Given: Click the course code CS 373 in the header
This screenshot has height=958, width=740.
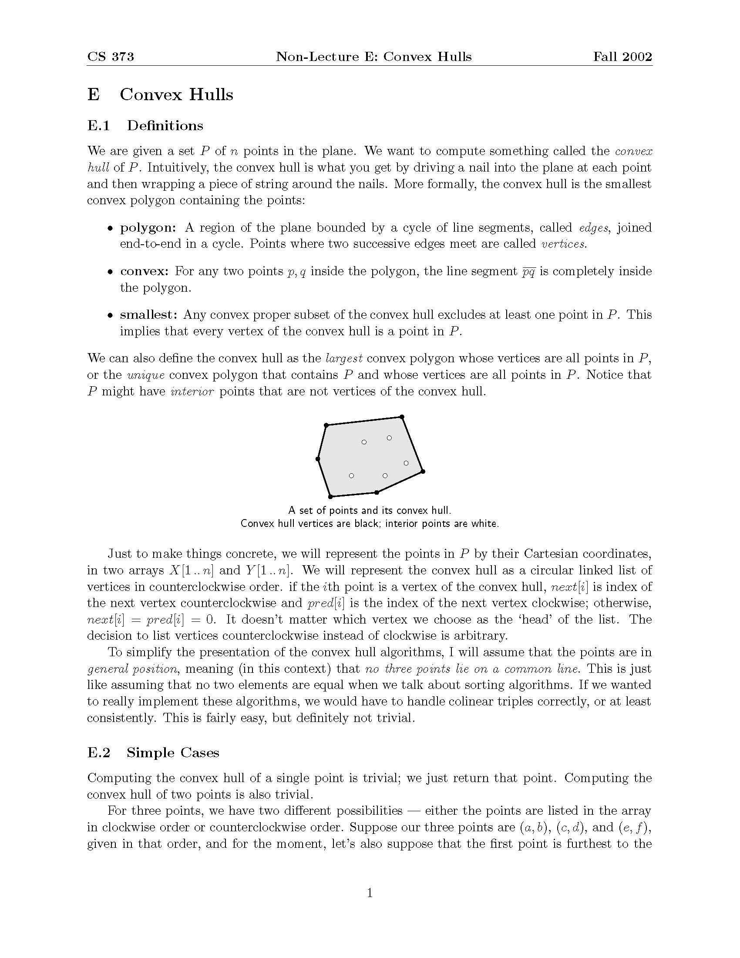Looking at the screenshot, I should click(111, 57).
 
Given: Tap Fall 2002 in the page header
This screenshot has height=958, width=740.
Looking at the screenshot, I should click(622, 57).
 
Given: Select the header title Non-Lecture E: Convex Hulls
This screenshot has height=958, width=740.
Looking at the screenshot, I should click(373, 57).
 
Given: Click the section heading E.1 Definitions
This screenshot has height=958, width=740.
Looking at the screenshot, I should click(145, 126).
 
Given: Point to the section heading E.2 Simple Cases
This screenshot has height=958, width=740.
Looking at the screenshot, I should click(153, 753).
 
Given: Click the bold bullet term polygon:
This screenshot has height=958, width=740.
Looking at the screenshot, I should click(148, 228).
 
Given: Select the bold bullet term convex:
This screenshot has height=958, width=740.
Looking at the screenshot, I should click(144, 272).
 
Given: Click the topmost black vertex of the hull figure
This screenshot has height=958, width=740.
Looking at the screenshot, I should click(402, 417).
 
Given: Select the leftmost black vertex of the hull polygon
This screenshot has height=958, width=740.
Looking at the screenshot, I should click(318, 459).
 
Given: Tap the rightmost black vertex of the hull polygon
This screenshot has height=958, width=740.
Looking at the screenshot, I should click(423, 472).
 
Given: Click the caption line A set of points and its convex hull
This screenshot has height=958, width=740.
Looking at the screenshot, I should click(370, 510).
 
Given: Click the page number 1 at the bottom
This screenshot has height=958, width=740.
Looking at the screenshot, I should click(370, 893).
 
